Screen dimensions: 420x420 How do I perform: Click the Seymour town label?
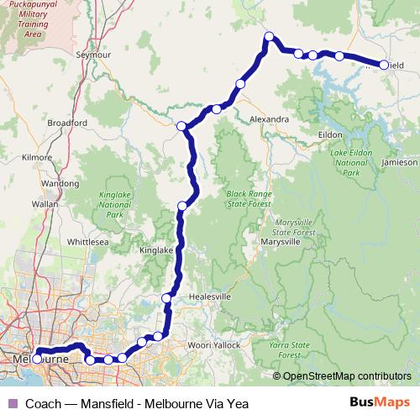(x=93, y=55)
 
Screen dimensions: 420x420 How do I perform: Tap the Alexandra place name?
(x=270, y=120)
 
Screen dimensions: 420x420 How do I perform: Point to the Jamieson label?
(x=398, y=161)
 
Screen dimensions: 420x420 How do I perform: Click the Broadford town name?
(x=67, y=123)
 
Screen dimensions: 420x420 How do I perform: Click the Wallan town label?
(x=44, y=203)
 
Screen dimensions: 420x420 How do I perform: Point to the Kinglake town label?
(x=155, y=250)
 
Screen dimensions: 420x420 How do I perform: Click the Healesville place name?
(x=210, y=297)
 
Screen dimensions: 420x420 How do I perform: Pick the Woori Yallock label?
(x=213, y=345)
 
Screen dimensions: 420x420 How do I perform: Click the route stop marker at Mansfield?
(x=384, y=65)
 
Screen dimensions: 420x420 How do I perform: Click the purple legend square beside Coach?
(x=12, y=403)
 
